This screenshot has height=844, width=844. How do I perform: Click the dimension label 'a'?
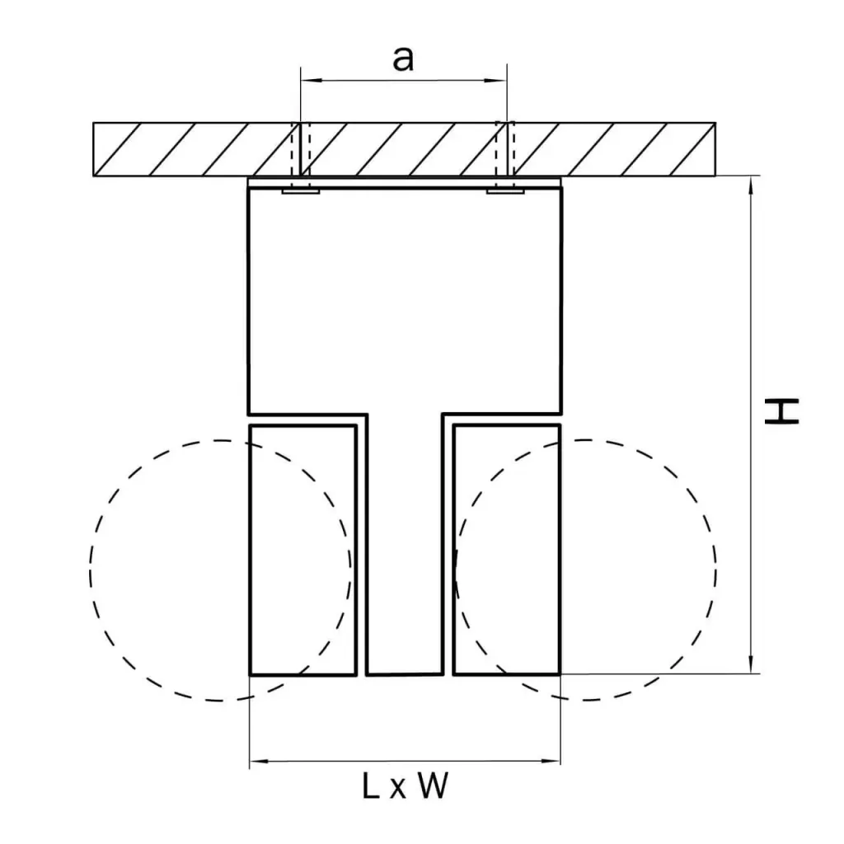click(x=403, y=59)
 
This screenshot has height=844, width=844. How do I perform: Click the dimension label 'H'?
click(x=781, y=411)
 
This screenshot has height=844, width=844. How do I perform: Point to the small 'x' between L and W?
click(x=398, y=790)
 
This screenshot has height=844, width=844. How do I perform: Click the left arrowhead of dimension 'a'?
click(x=310, y=81)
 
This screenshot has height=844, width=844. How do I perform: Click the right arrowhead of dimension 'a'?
click(x=495, y=81)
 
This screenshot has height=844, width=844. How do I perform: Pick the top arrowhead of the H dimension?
click(x=752, y=186)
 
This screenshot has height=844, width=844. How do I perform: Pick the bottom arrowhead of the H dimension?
click(x=752, y=663)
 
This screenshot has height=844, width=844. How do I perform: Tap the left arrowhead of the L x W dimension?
click(x=260, y=761)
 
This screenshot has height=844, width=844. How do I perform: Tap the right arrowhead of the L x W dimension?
click(x=550, y=761)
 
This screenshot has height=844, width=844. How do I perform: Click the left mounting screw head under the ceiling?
click(x=301, y=190)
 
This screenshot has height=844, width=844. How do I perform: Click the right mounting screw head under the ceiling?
click(x=505, y=190)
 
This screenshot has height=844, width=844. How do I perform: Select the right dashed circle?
click(x=585, y=570)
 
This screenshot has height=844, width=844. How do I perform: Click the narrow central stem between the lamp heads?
click(x=405, y=544)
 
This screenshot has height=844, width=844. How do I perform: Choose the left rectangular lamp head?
click(x=303, y=550)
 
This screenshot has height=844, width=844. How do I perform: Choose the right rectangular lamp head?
click(x=507, y=550)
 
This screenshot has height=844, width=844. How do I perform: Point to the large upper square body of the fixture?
click(x=405, y=300)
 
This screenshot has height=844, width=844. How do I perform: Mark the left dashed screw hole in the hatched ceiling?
click(x=301, y=149)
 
